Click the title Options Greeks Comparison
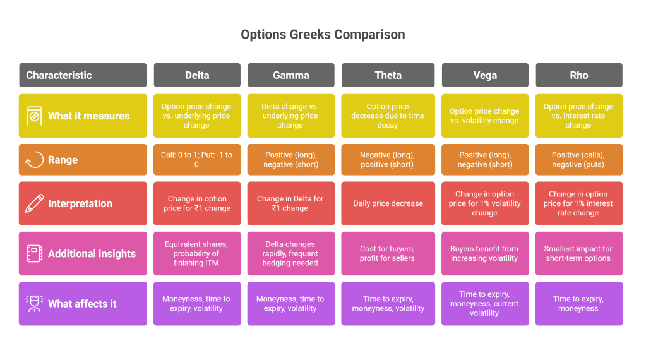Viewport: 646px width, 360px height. point(323,34)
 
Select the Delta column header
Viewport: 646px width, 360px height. point(197,75)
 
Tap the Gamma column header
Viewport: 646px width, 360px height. point(290,75)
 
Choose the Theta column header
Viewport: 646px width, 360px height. point(388,75)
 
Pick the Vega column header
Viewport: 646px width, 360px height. point(484,75)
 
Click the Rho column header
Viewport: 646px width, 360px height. point(578,75)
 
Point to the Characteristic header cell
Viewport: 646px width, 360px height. point(83,75)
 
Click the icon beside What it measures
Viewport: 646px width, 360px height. point(34,116)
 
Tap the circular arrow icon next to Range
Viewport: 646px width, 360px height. point(34,160)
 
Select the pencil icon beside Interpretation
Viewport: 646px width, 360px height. point(34,203)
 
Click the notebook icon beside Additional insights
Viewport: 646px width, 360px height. point(34,253)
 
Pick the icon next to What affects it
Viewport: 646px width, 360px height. point(34,304)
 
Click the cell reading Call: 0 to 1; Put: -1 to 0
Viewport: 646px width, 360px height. point(197,160)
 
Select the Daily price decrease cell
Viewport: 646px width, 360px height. point(388,203)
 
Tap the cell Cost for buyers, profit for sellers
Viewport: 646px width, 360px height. point(388,253)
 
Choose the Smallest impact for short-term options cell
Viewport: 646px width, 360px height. point(578,253)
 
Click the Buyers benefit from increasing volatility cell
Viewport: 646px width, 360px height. point(484,253)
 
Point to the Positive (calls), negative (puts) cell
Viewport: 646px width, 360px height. point(578,160)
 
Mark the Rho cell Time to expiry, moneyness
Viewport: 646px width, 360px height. point(578,304)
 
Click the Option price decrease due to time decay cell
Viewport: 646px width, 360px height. point(388,116)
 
